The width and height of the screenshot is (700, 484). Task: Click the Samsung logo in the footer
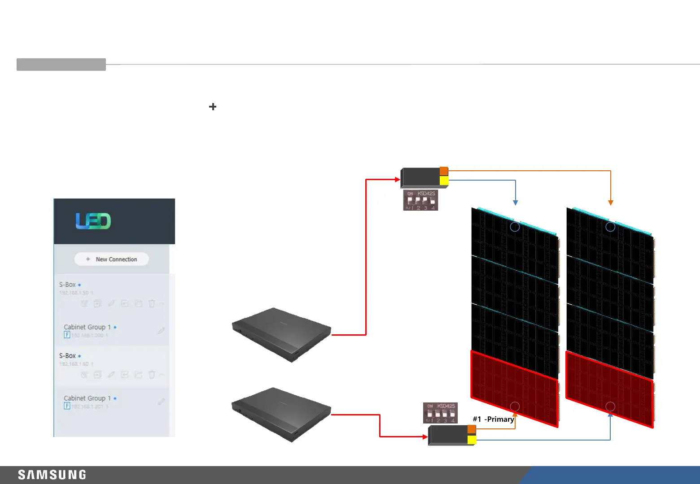coord(52,475)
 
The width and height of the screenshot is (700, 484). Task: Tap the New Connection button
coord(112,259)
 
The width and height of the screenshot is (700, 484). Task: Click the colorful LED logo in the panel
coord(93,221)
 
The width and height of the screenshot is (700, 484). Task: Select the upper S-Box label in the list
coord(68,285)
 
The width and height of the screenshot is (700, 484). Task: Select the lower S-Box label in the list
coord(68,356)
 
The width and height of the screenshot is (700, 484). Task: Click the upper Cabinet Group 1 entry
coord(87,327)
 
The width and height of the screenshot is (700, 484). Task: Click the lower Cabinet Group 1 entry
coord(87,398)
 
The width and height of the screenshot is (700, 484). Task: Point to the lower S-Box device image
coord(281,414)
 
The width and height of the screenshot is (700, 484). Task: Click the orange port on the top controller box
coord(444,171)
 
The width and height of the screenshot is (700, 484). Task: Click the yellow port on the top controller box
coord(444,181)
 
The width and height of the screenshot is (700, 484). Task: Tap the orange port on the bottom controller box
coord(472,429)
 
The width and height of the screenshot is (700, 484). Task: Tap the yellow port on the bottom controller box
coord(472,440)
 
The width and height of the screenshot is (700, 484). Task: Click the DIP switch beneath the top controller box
coord(420,200)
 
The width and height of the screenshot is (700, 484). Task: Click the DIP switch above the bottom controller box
coord(440,413)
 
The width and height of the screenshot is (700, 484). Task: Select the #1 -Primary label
coord(493,419)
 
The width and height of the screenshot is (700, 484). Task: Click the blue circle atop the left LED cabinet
coord(515,227)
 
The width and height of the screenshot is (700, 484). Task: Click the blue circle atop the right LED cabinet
coord(610,227)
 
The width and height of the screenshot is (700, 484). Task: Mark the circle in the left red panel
coord(515,406)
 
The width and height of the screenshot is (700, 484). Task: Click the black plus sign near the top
coord(213,107)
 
